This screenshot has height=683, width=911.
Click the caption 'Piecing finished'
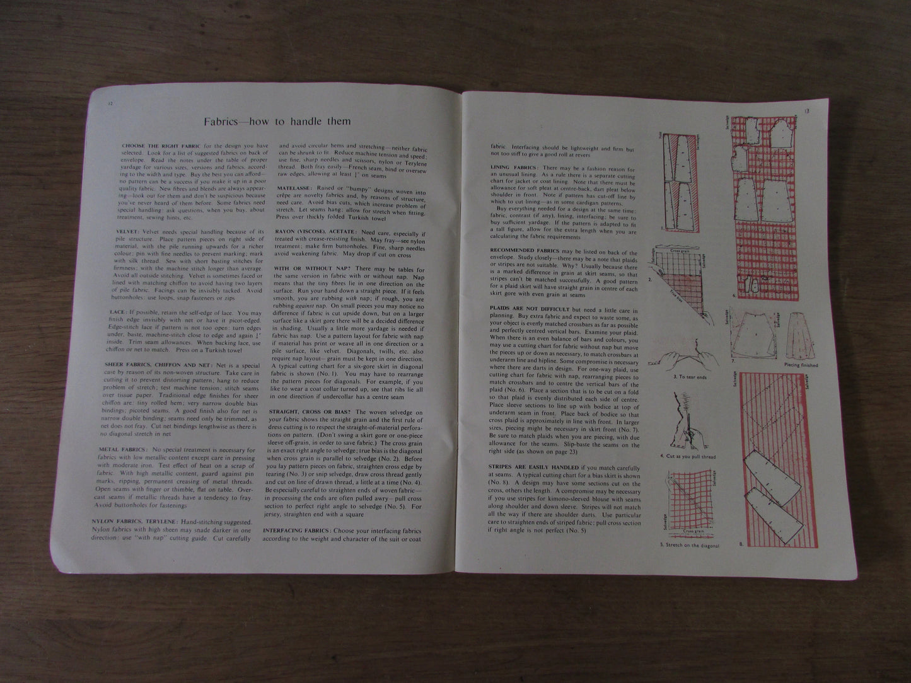pyautogui.click(x=801, y=365)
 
